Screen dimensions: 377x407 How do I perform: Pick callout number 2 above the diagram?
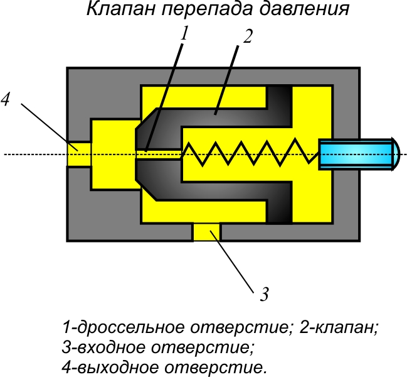point(247,36)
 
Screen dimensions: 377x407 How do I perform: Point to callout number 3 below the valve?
point(265,293)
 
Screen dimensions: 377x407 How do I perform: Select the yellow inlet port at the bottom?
point(206,232)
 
